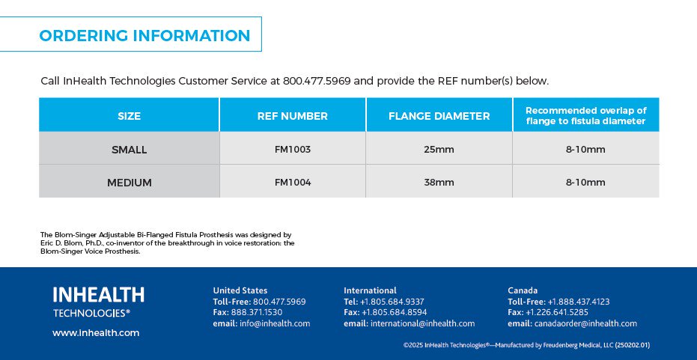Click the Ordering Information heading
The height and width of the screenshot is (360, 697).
(144, 36)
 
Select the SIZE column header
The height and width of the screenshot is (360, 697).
(130, 116)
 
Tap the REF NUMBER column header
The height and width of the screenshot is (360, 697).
(293, 116)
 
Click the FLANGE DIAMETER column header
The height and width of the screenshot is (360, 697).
(439, 116)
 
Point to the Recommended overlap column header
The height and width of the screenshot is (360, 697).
(586, 115)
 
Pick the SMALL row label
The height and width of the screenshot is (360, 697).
(130, 150)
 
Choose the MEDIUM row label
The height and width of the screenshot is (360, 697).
(130, 183)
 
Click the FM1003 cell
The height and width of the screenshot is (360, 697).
(293, 150)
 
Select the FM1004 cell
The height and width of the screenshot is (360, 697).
(293, 182)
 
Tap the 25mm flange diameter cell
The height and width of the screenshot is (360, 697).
(439, 150)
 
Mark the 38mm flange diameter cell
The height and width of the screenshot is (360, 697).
(439, 182)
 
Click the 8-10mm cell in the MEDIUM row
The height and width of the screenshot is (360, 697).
(585, 182)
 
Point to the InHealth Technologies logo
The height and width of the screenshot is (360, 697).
(99, 302)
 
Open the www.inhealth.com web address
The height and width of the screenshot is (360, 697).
(96, 333)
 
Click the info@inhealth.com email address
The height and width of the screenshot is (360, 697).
(275, 323)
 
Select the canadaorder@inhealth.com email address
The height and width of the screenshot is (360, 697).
(585, 323)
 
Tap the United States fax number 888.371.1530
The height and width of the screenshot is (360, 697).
(257, 312)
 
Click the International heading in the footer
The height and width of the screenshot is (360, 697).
(370, 290)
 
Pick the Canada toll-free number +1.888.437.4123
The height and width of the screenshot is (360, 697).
(578, 302)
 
